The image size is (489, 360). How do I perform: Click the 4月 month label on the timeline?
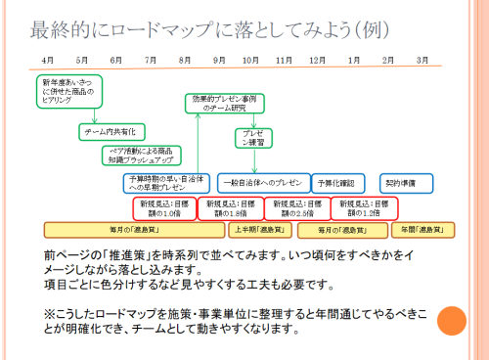pyautogui.click(x=48, y=61)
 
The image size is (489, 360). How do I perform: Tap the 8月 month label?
pyautogui.click(x=185, y=61)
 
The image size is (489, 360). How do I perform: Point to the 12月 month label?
pyautogui.click(x=317, y=61)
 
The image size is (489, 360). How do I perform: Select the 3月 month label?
pyautogui.click(x=422, y=61)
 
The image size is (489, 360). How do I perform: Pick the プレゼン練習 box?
pyautogui.click(x=252, y=139)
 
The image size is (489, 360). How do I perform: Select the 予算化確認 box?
pyautogui.click(x=338, y=183)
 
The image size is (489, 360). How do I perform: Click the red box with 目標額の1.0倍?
pyautogui.click(x=162, y=207)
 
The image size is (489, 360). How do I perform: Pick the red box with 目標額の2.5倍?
pyautogui.click(x=294, y=207)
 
